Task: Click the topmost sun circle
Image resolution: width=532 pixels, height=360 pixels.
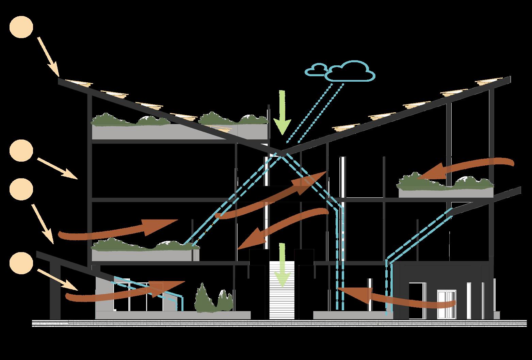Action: tap(21, 28)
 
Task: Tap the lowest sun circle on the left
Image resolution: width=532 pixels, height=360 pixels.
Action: tap(21, 264)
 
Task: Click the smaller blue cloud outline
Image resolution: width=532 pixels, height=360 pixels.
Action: tap(315, 69)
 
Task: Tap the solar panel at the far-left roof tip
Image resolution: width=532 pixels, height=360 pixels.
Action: tap(79, 83)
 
